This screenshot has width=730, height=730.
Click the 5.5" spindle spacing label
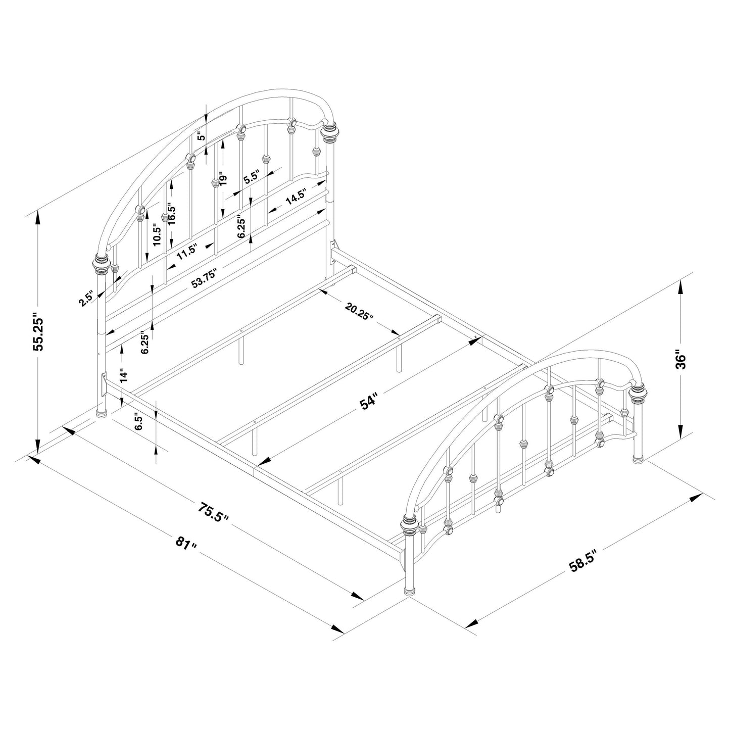pyautogui.click(x=251, y=178)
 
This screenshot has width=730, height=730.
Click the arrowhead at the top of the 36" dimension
pyautogui.click(x=682, y=287)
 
